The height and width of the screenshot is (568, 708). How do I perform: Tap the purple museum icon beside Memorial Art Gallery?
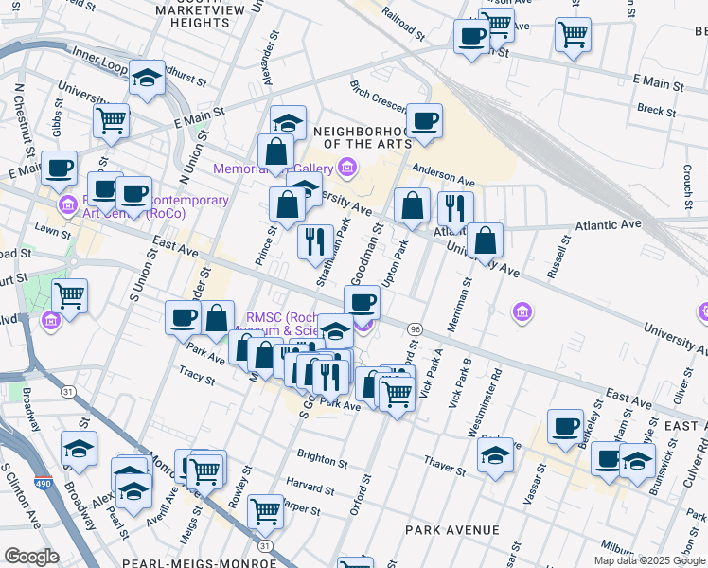[347, 169]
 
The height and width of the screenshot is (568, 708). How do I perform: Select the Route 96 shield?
[415, 328]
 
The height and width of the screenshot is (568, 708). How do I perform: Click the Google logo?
[31, 556]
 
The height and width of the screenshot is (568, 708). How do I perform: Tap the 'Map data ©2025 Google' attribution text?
[648, 560]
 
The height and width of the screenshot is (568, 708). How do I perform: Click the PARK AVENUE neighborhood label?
[451, 529]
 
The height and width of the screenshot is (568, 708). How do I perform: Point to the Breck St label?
[656, 110]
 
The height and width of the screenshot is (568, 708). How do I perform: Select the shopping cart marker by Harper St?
[266, 511]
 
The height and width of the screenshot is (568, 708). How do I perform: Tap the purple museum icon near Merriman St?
[521, 311]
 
